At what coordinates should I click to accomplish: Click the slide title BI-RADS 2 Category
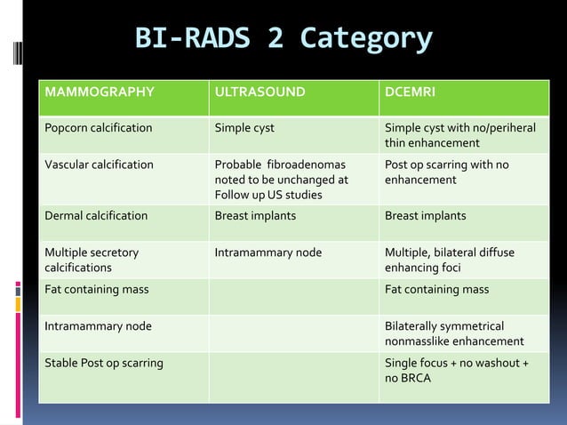click(283, 39)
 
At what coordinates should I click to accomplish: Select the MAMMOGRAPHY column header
click(100, 92)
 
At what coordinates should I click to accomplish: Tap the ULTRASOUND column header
click(260, 92)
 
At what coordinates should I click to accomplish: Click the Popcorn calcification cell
click(99, 128)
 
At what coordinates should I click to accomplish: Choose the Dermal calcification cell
click(96, 215)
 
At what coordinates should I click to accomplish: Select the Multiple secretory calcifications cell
click(92, 260)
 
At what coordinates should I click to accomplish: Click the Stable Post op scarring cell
click(104, 363)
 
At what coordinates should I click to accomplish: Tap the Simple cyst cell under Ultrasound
click(244, 128)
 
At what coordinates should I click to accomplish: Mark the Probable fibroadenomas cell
click(281, 180)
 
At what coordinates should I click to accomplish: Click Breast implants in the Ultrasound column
click(255, 215)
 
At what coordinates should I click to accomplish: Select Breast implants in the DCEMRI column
click(425, 215)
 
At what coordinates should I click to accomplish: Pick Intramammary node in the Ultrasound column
click(268, 253)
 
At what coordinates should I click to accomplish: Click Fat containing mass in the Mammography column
click(97, 289)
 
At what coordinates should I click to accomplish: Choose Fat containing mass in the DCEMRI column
click(436, 289)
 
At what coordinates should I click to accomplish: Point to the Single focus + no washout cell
click(456, 370)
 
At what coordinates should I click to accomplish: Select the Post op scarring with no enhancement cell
click(446, 172)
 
